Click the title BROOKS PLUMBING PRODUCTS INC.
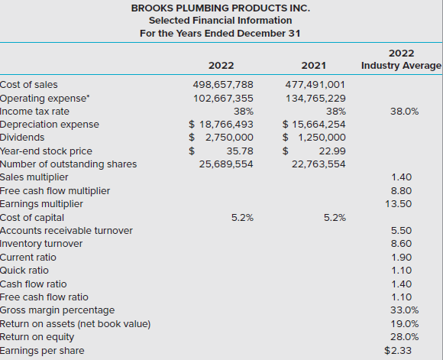(x=221, y=8)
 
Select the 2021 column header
(x=314, y=66)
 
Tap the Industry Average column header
(x=401, y=66)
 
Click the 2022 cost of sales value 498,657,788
(x=223, y=85)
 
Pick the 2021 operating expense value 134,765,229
(x=315, y=99)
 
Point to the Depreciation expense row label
(x=50, y=125)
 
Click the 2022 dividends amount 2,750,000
(x=229, y=138)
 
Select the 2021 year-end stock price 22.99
(x=332, y=151)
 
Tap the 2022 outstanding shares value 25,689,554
(x=226, y=164)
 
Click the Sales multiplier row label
(x=34, y=177)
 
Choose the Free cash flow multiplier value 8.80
(x=401, y=191)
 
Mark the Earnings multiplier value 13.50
(x=399, y=204)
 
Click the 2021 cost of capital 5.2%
(x=335, y=218)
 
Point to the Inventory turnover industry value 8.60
(x=401, y=244)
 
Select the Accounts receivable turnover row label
(x=66, y=231)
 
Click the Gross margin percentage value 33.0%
(x=404, y=310)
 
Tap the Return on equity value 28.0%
(x=404, y=337)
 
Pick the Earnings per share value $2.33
(x=398, y=351)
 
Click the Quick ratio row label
(x=24, y=271)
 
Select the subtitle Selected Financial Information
(x=221, y=21)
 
